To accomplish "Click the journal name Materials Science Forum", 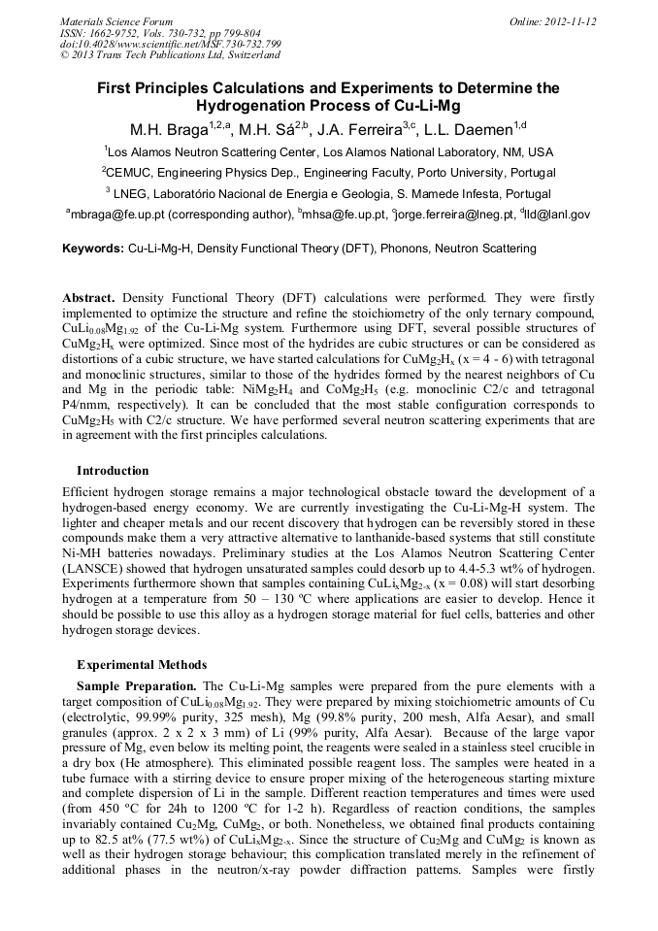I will coord(116,21).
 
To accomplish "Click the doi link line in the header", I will coord(171,43).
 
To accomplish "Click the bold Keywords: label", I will coord(93,249).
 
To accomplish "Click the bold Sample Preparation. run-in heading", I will coord(137,686).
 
